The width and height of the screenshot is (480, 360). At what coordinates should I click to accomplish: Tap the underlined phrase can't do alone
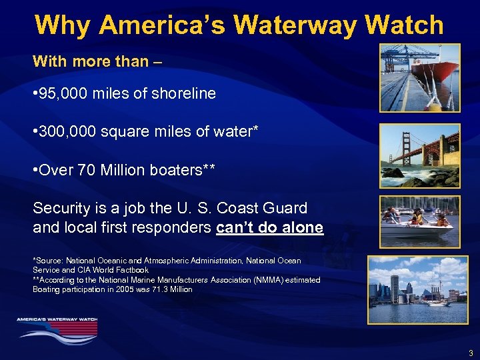(270, 228)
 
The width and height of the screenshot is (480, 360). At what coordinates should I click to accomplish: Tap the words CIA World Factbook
(107, 270)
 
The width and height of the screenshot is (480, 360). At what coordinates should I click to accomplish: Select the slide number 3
(471, 353)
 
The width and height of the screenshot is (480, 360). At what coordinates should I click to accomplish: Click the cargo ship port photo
(420, 78)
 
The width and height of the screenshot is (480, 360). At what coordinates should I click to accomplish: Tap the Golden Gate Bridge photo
(420, 155)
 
